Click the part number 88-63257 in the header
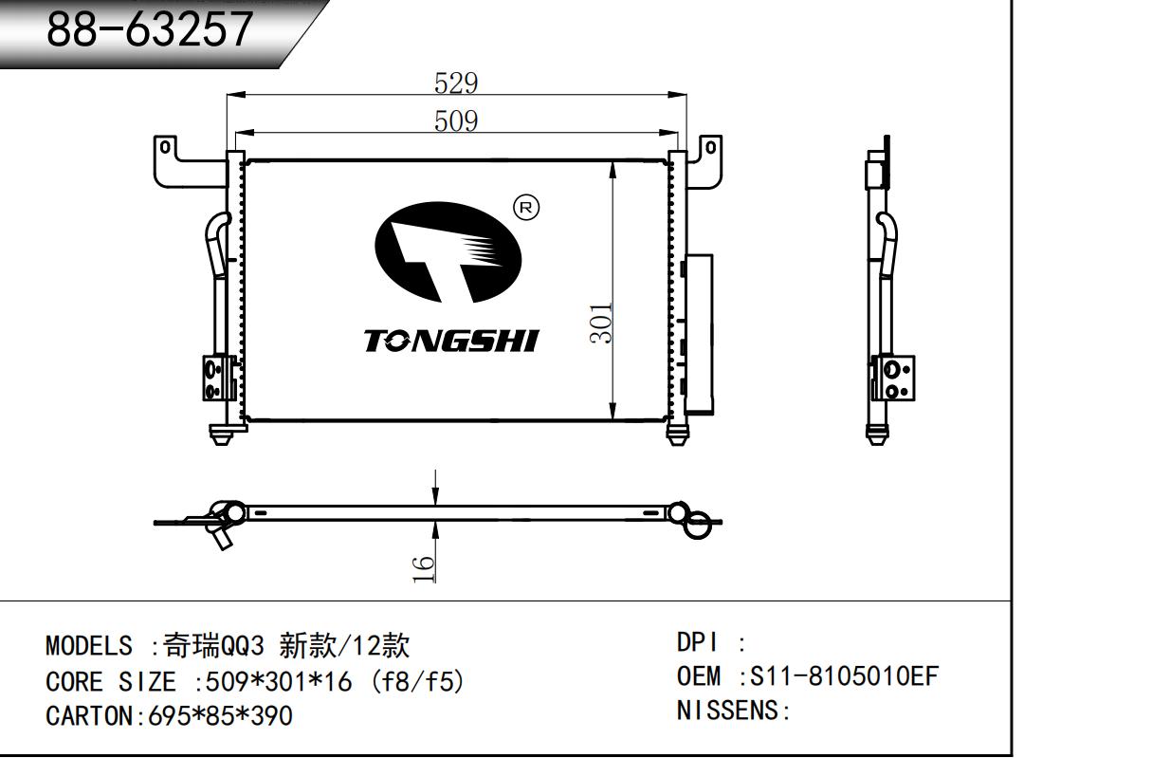[x=149, y=28]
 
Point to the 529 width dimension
[x=456, y=83]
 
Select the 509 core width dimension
[x=456, y=121]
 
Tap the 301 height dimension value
[x=601, y=324]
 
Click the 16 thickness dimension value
[x=423, y=568]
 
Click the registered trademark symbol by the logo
[x=526, y=208]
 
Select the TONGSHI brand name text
[x=451, y=342]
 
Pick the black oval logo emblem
[x=448, y=252]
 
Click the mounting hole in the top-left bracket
[x=165, y=147]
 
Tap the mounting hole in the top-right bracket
[x=711, y=148]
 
